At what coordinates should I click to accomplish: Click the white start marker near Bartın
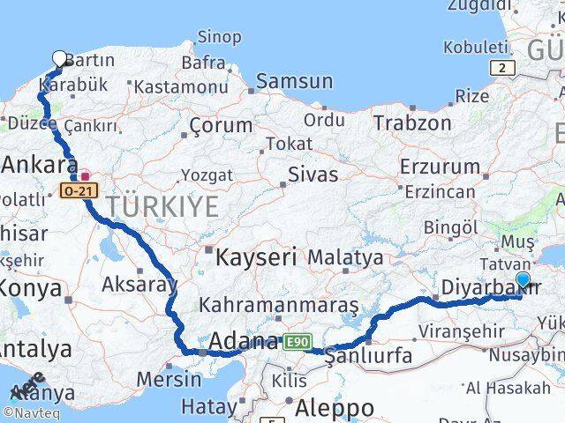pyautogui.click(x=60, y=59)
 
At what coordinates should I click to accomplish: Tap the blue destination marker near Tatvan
pyautogui.click(x=523, y=281)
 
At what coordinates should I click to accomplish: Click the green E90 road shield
pyautogui.click(x=297, y=342)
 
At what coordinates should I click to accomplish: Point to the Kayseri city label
pyautogui.click(x=244, y=257)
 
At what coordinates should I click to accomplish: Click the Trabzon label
pyautogui.click(x=412, y=122)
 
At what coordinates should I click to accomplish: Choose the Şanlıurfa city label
pyautogui.click(x=368, y=357)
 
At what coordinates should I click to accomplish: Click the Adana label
pyautogui.click(x=243, y=341)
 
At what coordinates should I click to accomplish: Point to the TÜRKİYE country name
pyautogui.click(x=162, y=207)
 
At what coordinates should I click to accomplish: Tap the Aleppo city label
pyautogui.click(x=335, y=408)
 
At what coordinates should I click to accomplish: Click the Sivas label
pyautogui.click(x=313, y=174)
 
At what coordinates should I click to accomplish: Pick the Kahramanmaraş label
pyautogui.click(x=279, y=305)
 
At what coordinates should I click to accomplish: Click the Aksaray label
pyautogui.click(x=139, y=284)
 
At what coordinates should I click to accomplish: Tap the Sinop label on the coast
pyautogui.click(x=219, y=36)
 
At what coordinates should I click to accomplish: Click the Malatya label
pyautogui.click(x=345, y=257)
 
